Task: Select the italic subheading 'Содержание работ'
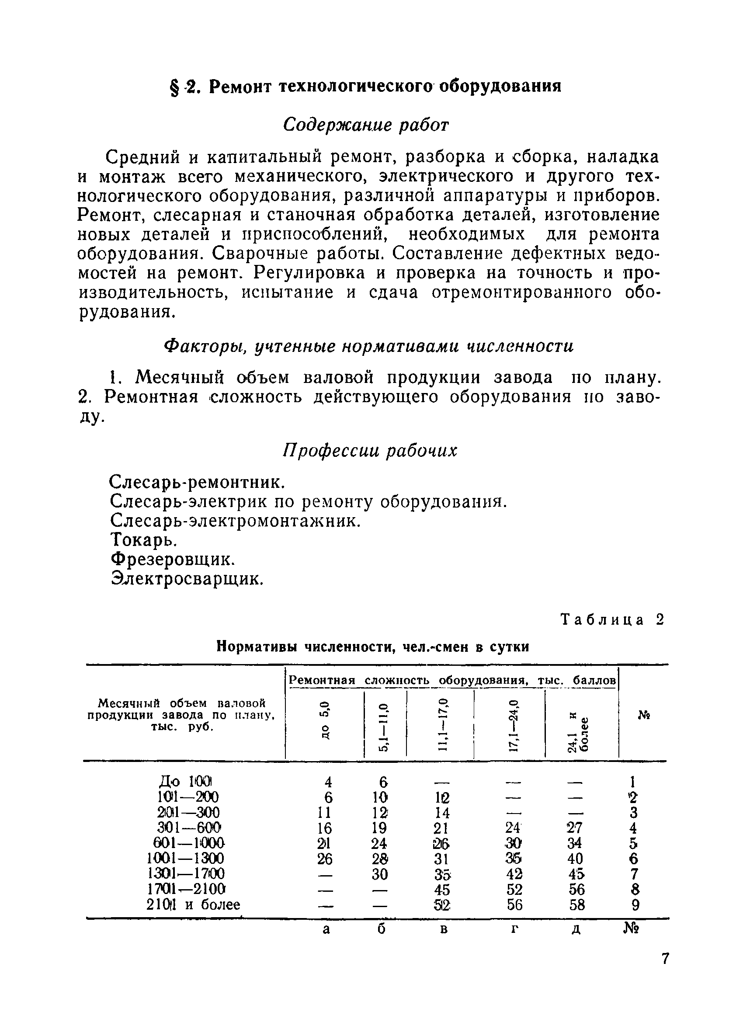pos(365,124)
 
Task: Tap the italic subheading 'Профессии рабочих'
pos(369,450)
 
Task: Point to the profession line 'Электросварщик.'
pos(187,579)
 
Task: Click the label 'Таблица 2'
pos(612,620)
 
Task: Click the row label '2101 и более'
pos(193,904)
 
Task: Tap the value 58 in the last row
pos(576,904)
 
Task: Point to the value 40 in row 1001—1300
pos(575,859)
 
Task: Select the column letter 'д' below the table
pos(576,929)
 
